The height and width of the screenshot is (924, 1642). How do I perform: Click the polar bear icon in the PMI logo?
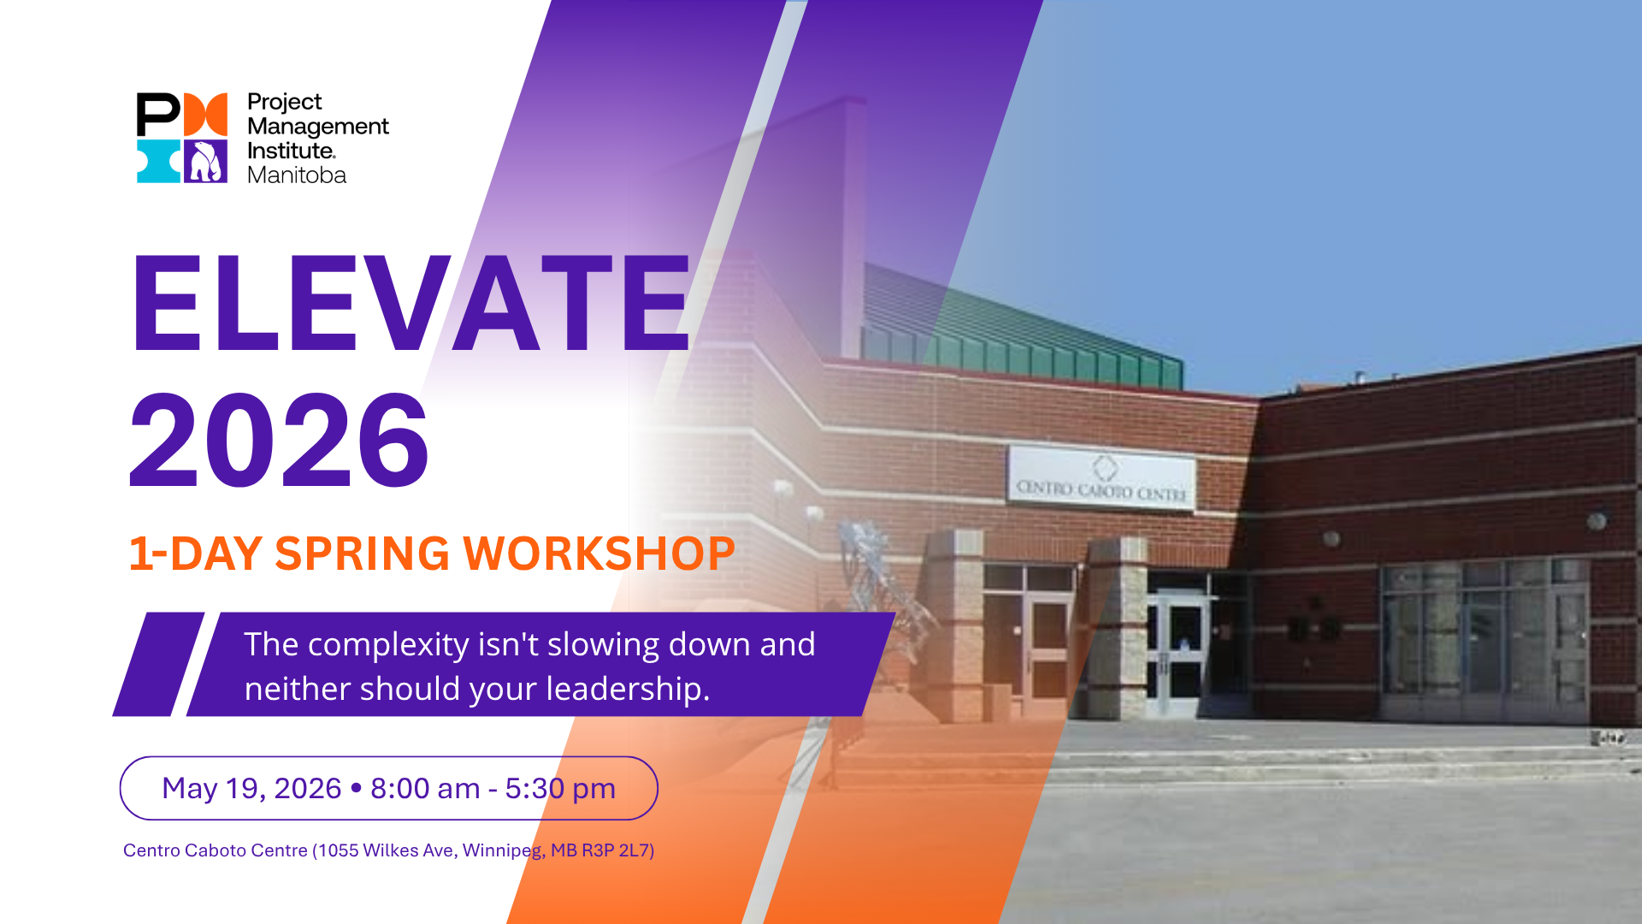205,162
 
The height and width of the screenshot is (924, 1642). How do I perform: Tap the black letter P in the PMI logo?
157,114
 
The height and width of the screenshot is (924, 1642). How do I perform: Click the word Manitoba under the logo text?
296,175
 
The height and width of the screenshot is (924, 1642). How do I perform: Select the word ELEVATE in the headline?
410,304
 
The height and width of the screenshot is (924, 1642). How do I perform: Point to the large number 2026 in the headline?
279,441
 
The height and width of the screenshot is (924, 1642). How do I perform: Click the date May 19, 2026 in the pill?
251,788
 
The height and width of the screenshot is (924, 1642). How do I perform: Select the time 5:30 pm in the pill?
560,788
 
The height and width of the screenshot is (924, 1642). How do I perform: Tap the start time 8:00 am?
425,788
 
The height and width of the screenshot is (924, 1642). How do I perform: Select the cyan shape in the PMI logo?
157,162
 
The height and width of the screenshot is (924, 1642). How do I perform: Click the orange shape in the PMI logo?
206,114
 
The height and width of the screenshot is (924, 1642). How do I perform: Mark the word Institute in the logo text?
290,151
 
